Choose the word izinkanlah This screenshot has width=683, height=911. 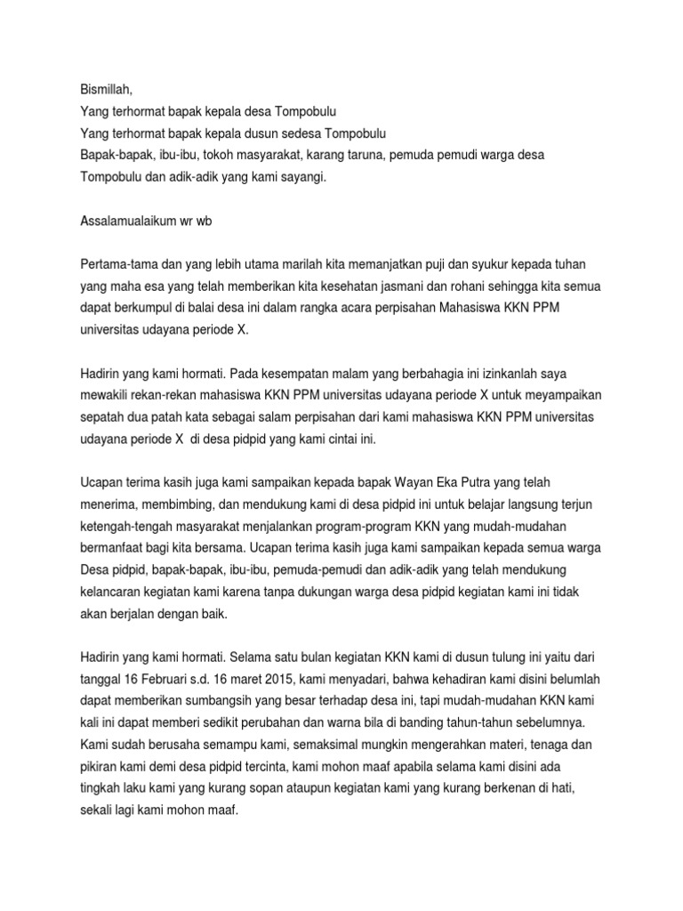525,371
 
